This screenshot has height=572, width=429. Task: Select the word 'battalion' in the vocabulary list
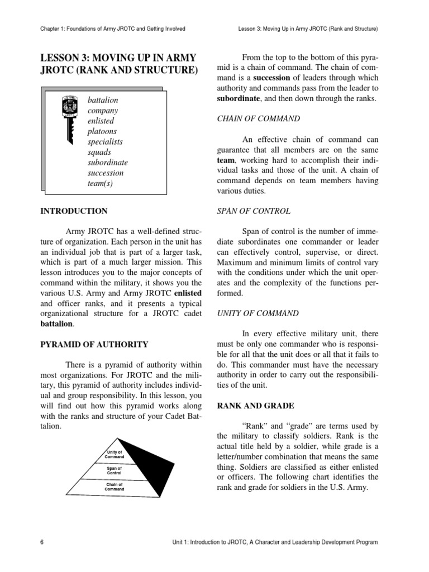click(x=103, y=100)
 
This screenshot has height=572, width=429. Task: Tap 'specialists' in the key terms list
click(x=105, y=142)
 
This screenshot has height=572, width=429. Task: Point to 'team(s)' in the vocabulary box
click(x=100, y=183)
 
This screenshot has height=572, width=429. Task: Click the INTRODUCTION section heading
click(x=74, y=211)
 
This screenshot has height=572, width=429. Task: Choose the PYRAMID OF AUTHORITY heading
click(x=94, y=344)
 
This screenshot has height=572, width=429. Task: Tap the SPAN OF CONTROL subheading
click(x=253, y=211)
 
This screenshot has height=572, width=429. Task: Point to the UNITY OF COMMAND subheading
click(x=258, y=313)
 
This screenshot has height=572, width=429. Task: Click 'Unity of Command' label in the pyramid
click(x=114, y=454)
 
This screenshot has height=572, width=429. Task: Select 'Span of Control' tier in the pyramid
click(x=114, y=470)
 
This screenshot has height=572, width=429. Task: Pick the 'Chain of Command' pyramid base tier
click(x=114, y=487)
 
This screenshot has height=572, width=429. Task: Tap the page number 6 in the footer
click(x=42, y=542)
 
